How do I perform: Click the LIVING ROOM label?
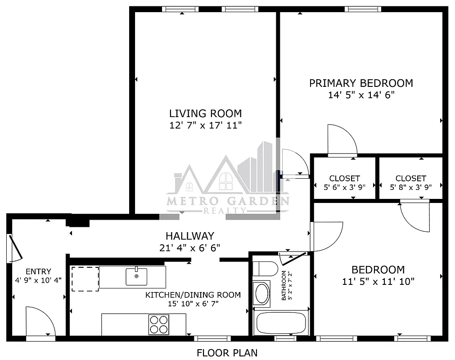coord(205,113)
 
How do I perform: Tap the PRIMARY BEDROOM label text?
coord(361,83)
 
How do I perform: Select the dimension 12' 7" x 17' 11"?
coord(205,125)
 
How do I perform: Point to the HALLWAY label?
coord(189,236)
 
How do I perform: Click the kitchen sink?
coord(136,276)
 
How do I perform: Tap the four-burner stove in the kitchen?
coord(159,324)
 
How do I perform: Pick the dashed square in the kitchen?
coord(85,279)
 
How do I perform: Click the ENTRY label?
coord(38,271)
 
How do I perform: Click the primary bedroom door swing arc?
coord(342,139)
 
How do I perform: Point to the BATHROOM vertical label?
coord(284,285)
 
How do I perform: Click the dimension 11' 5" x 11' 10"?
coord(378,282)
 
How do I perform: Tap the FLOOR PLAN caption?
coord(227,353)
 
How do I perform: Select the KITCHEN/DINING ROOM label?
coord(193,295)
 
